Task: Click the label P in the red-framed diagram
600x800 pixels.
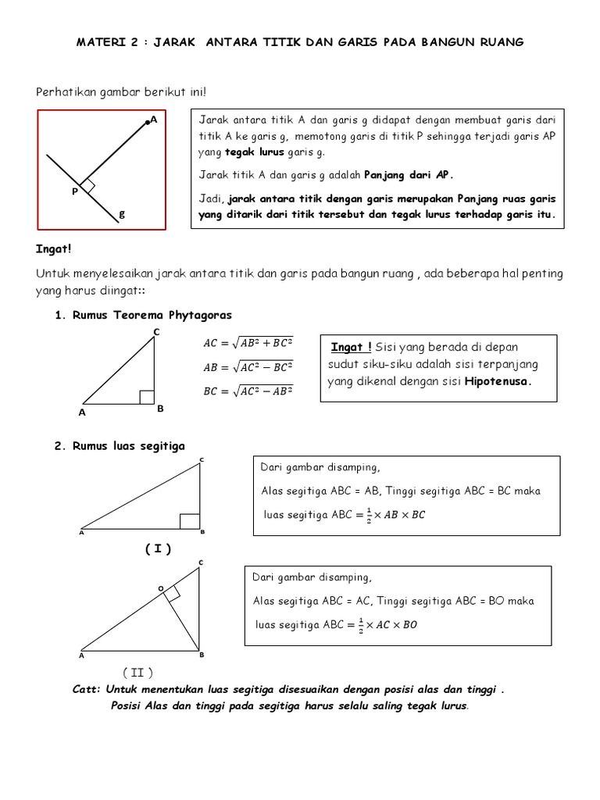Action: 74,191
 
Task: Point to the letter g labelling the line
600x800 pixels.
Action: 122,213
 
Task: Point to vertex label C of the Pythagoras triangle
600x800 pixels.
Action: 155,333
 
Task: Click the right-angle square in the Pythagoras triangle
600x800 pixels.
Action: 146,397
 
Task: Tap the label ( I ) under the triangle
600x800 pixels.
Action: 157,549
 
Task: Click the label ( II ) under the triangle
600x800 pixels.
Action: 137,673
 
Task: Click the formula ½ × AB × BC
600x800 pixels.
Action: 390,515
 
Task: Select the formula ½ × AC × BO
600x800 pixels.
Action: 382,624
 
